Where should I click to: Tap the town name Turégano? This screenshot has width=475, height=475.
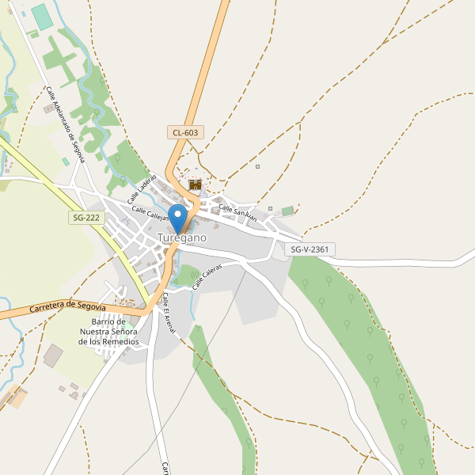pyautogui.click(x=182, y=237)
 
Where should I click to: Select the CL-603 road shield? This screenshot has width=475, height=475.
pyautogui.click(x=184, y=132)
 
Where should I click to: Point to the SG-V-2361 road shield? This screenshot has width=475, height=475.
pyautogui.click(x=310, y=249)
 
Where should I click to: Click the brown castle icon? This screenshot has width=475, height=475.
pyautogui.click(x=195, y=184)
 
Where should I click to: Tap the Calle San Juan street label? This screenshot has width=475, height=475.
pyautogui.click(x=237, y=212)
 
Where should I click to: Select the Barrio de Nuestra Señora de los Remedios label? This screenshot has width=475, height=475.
pyautogui.click(x=109, y=332)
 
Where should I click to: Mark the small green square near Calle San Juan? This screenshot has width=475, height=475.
pyautogui.click(x=287, y=211)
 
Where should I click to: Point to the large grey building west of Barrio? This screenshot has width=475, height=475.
pyautogui.click(x=53, y=355)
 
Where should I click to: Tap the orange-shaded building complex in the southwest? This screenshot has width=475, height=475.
pyautogui.click(x=16, y=397)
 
